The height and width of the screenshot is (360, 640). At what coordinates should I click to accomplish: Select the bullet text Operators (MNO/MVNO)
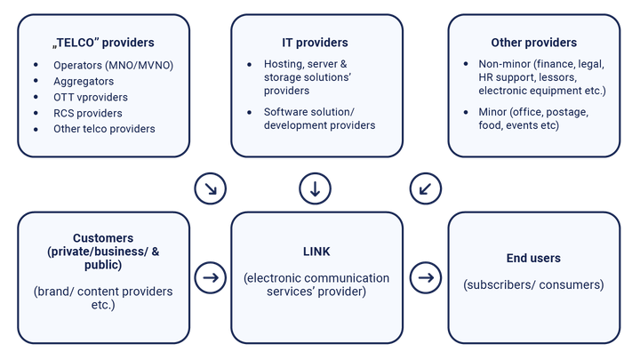pos(113,65)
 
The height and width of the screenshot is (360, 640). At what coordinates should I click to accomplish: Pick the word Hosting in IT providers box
pos(283,64)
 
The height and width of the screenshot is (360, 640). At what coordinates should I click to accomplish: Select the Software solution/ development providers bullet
pos(319,118)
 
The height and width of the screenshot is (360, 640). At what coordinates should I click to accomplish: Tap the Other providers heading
pos(533,43)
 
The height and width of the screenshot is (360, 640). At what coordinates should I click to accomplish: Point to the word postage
pos(568,113)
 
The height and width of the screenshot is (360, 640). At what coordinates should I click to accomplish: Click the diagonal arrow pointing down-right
pos(211,188)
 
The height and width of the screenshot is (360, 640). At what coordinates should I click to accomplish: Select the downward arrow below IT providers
pos(316,188)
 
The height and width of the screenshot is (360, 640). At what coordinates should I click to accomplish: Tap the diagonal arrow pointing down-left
pos(426,188)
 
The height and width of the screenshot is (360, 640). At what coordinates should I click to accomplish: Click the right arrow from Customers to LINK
pos(211,278)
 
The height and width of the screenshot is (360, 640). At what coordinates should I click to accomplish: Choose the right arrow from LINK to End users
pos(426,278)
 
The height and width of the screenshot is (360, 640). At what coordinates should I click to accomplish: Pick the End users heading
pos(533,259)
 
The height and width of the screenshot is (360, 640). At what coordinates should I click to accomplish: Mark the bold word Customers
pos(104,238)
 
